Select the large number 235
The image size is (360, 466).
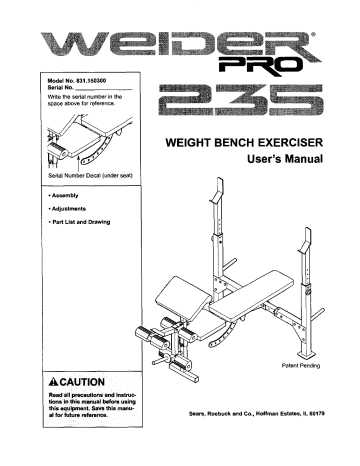243,101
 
